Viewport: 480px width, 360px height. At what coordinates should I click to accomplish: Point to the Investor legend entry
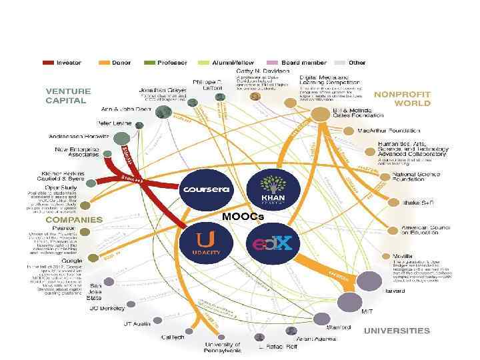63,63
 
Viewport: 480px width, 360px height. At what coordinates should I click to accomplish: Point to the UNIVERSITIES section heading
397,331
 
